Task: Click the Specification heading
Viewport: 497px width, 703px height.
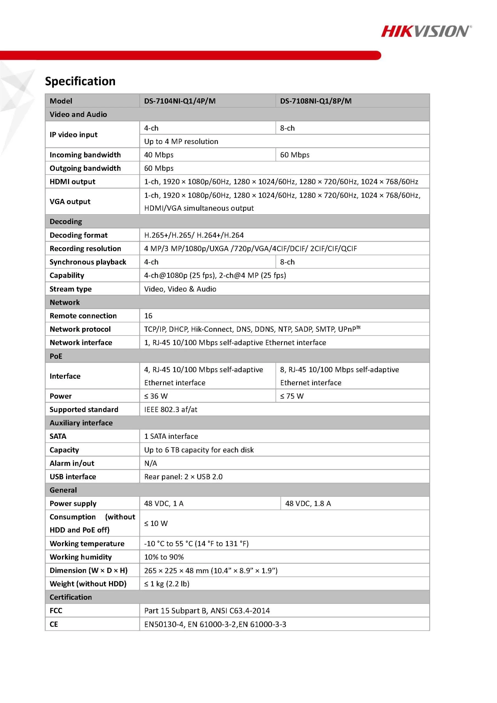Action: (80, 81)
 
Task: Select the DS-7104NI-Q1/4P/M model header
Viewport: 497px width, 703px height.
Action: (180, 101)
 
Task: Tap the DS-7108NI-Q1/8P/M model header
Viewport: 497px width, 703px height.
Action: (316, 101)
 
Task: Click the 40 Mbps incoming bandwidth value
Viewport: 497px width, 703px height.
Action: (159, 155)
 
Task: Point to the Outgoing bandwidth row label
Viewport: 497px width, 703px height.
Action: (85, 168)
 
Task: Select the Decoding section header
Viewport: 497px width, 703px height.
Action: (66, 221)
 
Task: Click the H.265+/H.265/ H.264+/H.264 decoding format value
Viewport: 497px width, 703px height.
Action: (194, 235)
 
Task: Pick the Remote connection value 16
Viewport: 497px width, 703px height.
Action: (148, 316)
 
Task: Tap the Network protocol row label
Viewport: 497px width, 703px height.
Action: (80, 329)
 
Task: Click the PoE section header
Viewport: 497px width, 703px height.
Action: (56, 356)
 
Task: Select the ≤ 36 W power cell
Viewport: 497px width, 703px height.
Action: (156, 396)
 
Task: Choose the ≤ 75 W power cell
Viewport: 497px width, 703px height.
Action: (292, 396)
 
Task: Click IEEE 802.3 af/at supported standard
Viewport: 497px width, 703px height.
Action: (170, 409)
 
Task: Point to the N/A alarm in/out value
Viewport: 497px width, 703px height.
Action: (151, 463)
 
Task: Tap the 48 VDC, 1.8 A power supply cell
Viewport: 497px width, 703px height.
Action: (308, 503)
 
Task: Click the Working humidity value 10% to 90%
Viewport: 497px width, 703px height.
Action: (164, 557)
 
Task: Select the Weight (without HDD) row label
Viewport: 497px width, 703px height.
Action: (88, 584)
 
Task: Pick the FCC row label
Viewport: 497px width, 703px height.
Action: (56, 610)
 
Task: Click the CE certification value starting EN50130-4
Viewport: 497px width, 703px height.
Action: (215, 624)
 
